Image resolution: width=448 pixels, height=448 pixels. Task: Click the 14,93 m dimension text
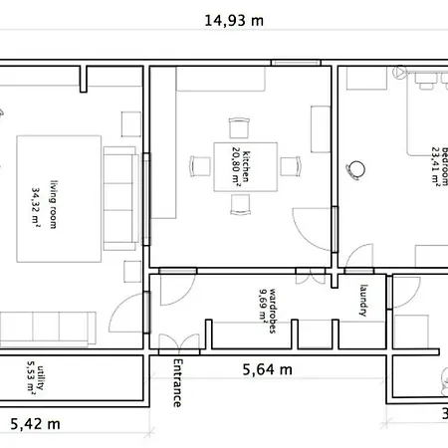coord(234,21)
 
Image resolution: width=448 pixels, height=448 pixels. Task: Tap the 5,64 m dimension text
coord(268,369)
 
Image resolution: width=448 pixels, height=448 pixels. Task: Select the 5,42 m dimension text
coord(35,424)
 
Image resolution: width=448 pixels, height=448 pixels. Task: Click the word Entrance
coord(177,383)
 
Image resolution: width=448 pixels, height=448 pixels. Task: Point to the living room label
coord(54,204)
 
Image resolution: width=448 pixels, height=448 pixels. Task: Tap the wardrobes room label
coord(272,311)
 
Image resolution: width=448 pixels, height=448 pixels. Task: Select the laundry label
coord(363,301)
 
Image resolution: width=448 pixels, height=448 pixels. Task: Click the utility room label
coord(40,378)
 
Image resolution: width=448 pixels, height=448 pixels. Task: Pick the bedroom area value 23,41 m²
coord(436,166)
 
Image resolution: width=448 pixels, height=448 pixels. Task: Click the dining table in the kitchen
coord(246,167)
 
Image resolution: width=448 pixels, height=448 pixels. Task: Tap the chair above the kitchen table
coord(239,127)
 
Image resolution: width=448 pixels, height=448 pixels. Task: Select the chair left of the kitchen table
coord(200,166)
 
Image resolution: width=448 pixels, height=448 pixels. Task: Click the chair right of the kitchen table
coord(291,166)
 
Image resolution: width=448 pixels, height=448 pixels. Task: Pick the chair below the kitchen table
coord(240,205)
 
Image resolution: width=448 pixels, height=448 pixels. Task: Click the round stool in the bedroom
coord(355,169)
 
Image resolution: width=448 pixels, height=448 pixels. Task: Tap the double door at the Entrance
coord(179,343)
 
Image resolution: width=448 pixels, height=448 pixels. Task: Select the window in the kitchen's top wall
coord(296,63)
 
